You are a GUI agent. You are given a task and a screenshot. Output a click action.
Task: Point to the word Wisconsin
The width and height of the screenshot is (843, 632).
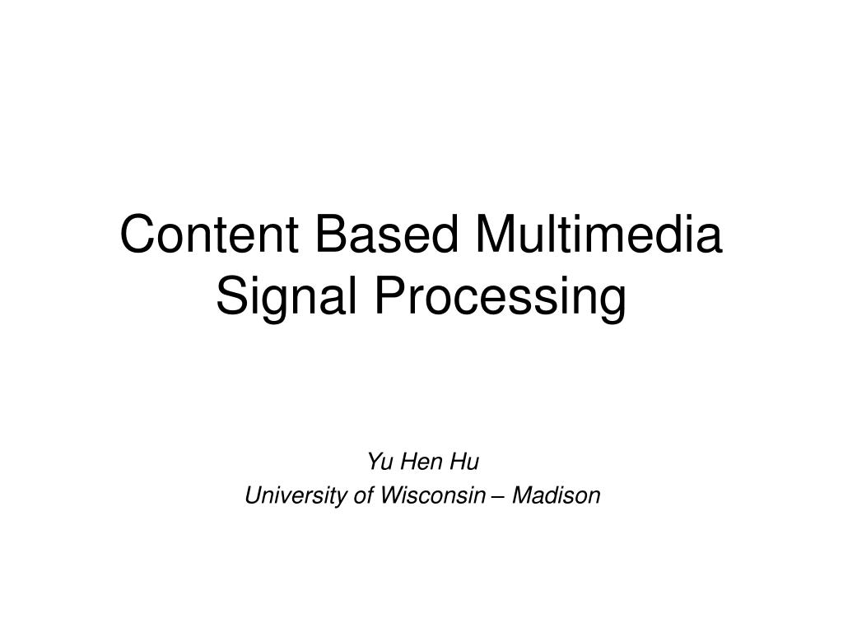point(427,496)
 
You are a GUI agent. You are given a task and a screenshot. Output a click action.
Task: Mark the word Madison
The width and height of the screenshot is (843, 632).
point(557,496)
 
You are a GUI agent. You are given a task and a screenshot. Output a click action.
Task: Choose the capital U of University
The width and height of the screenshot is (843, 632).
point(253,496)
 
